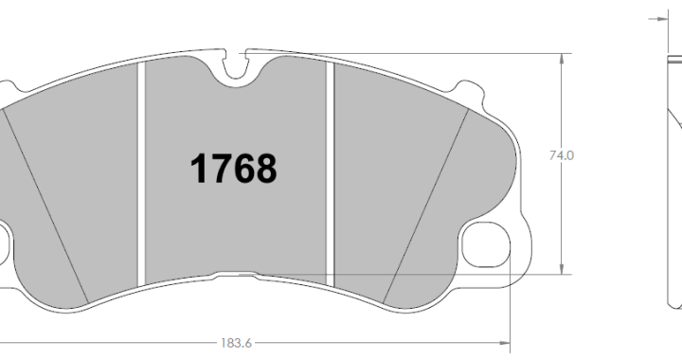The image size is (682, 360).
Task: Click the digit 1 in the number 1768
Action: [200, 169]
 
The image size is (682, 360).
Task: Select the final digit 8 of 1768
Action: [266, 169]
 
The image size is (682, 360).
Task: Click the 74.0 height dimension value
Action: [562, 155]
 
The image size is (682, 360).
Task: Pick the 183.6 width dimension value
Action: [236, 343]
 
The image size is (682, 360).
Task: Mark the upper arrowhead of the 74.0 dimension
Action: [562, 60]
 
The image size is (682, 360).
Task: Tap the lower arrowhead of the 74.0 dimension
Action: [562, 269]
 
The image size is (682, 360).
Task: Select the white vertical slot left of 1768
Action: [140, 174]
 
